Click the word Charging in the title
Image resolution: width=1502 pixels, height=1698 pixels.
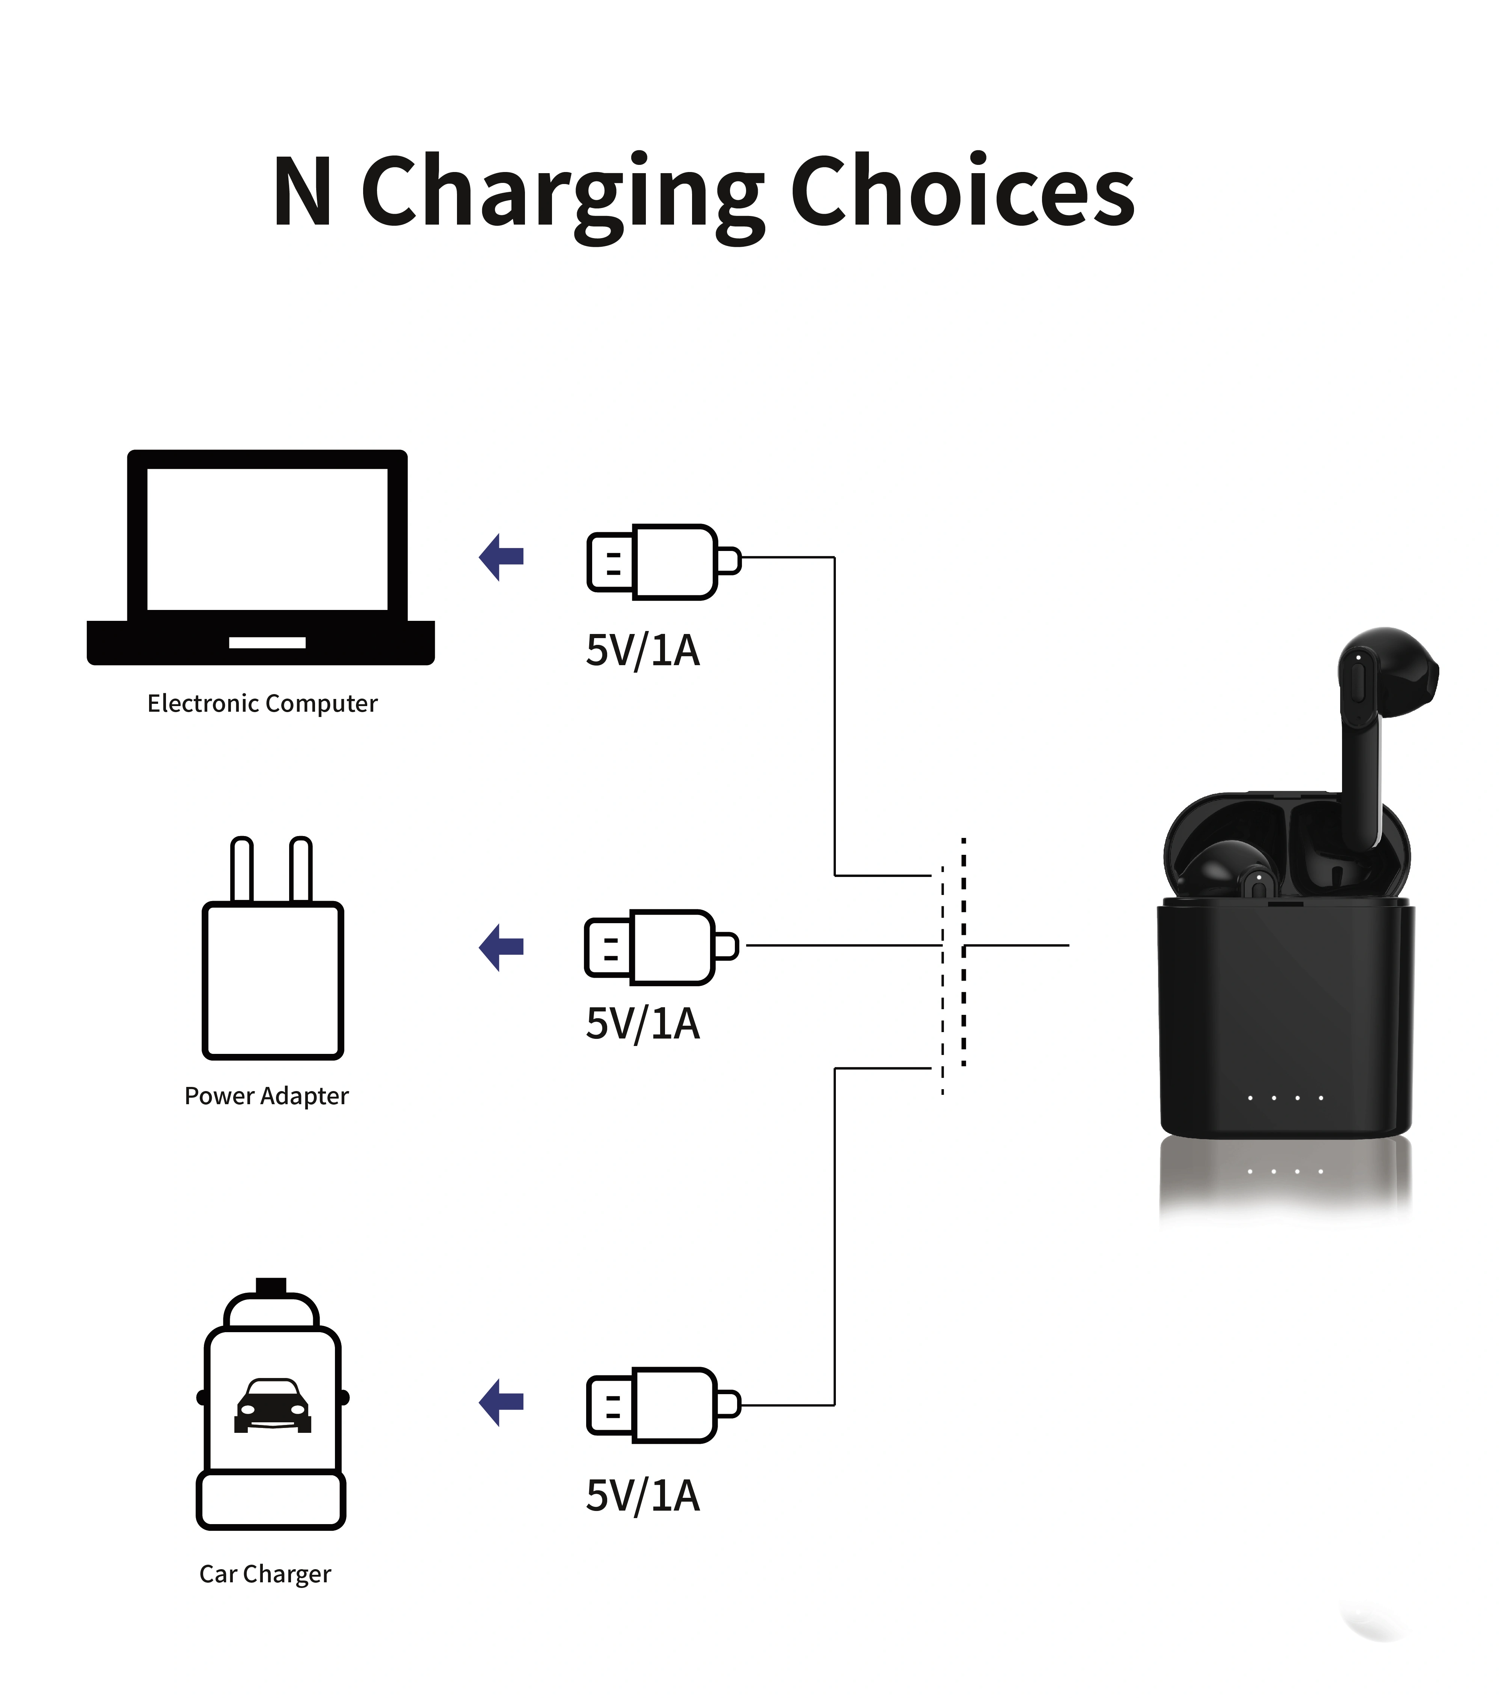click(x=562, y=197)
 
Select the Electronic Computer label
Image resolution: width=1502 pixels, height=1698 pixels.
click(x=262, y=703)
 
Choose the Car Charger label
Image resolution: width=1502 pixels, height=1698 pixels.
click(x=265, y=1574)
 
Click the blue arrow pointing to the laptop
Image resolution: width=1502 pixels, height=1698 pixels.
click(x=502, y=557)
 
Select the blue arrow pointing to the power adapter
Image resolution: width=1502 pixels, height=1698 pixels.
click(x=502, y=947)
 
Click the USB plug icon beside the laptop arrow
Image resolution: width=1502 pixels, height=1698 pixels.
click(x=663, y=561)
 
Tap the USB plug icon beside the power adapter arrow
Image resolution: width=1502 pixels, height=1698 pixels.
click(x=661, y=947)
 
